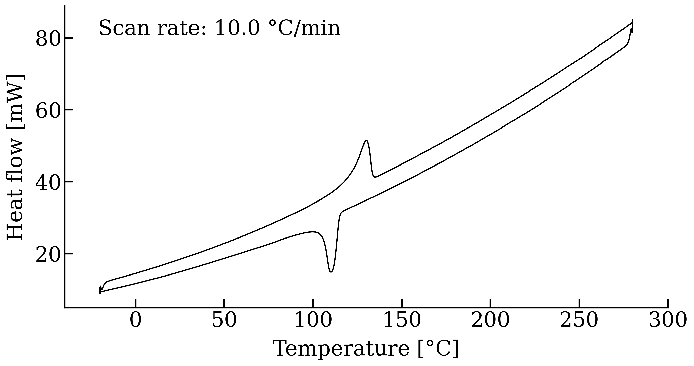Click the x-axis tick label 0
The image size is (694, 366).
click(136, 321)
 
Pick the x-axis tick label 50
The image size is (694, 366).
click(224, 321)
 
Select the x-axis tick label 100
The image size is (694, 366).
click(313, 321)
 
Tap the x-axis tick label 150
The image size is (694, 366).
click(402, 321)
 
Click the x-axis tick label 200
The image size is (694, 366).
click(490, 321)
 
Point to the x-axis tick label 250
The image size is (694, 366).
click(579, 321)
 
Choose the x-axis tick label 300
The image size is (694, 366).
click(668, 321)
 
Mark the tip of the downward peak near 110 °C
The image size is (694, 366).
click(331, 272)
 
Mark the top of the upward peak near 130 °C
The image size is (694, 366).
click(366, 140)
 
